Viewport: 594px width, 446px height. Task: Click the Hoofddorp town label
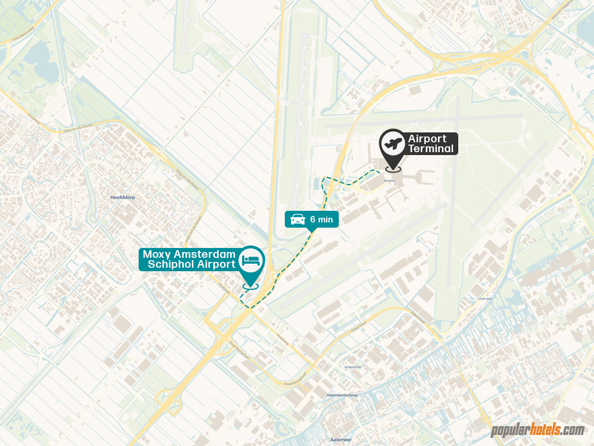pyautogui.click(x=122, y=197)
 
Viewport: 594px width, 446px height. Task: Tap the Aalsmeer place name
pyautogui.click(x=341, y=440)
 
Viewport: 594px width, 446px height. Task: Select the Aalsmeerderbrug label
pyautogui.click(x=341, y=394)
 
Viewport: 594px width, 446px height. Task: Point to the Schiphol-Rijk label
pyautogui.click(x=353, y=367)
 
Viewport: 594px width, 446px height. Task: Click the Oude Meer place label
pyautogui.click(x=485, y=298)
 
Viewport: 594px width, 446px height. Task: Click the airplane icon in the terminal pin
pyautogui.click(x=392, y=143)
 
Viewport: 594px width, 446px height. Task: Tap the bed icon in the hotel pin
pyautogui.click(x=252, y=260)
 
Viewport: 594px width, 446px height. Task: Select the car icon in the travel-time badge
pyautogui.click(x=298, y=220)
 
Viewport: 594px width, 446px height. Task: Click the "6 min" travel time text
pyautogui.click(x=321, y=220)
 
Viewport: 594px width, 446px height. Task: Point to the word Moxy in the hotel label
pyautogui.click(x=156, y=254)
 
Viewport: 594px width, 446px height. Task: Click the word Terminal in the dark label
pyautogui.click(x=430, y=149)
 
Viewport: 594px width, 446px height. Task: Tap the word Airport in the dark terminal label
pyautogui.click(x=427, y=139)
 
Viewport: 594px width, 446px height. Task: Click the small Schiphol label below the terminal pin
pyautogui.click(x=390, y=180)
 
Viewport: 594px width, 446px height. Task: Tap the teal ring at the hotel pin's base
pyautogui.click(x=251, y=285)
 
